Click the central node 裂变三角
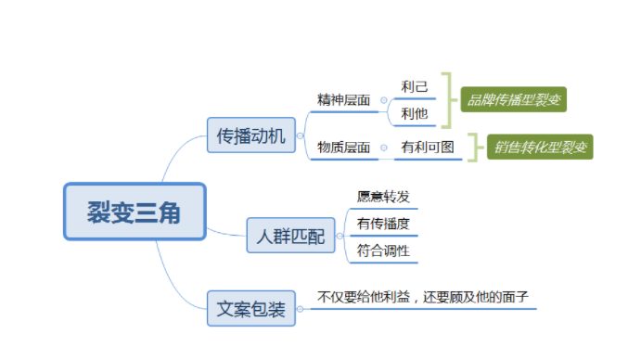[x=134, y=212]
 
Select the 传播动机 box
[x=250, y=136]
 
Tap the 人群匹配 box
[x=290, y=236]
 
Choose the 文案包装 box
[x=250, y=307]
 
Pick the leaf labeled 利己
[x=415, y=86]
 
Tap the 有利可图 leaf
[x=428, y=147]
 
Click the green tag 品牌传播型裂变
[x=513, y=98]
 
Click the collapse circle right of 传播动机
[x=301, y=136]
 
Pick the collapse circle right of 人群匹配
[x=340, y=236]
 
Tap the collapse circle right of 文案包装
[x=301, y=307]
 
